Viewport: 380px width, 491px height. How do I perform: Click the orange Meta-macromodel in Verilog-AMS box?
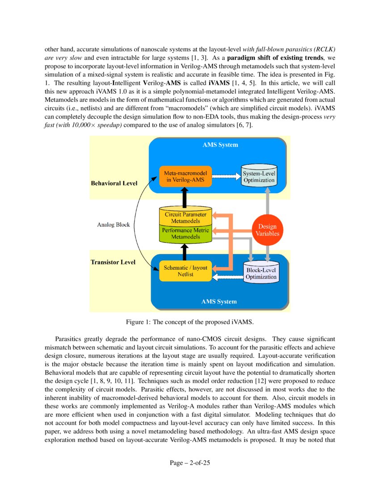click(x=185, y=176)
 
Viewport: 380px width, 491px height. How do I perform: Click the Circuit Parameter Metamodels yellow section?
click(x=185, y=217)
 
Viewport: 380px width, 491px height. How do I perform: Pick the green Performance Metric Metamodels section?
click(x=185, y=233)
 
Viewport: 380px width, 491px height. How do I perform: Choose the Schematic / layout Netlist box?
click(x=185, y=271)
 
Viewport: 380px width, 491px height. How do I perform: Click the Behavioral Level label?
click(x=114, y=183)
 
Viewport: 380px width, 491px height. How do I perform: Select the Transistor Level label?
click(x=113, y=262)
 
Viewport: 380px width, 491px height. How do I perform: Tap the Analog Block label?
click(x=114, y=225)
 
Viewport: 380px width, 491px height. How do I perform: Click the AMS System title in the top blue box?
click(x=220, y=145)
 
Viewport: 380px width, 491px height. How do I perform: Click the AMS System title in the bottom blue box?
click(x=219, y=302)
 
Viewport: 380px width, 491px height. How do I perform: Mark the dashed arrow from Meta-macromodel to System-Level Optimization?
click(x=225, y=175)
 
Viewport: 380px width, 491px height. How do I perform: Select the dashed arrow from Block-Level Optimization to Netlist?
click(x=227, y=278)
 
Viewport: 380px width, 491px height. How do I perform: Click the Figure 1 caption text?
click(x=190, y=323)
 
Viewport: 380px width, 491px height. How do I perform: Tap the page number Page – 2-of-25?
click(x=190, y=463)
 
